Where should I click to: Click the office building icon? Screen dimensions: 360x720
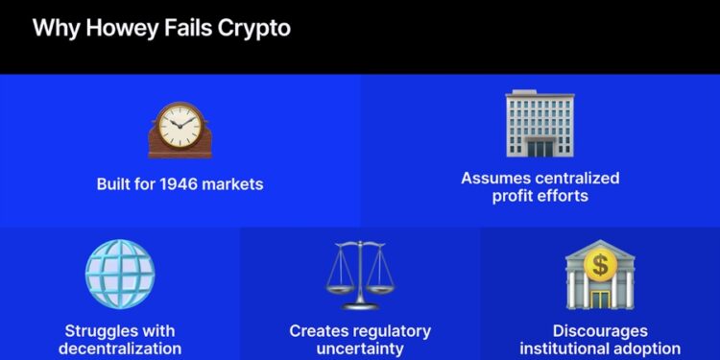[539, 125]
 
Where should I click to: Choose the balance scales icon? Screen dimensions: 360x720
[360, 275]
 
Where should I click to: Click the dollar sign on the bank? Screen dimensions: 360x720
[600, 263]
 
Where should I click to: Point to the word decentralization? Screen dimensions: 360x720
[120, 348]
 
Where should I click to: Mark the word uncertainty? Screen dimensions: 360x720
[360, 348]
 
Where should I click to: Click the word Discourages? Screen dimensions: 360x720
[600, 330]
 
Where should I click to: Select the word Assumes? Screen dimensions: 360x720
[492, 178]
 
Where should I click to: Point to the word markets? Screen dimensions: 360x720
[235, 183]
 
